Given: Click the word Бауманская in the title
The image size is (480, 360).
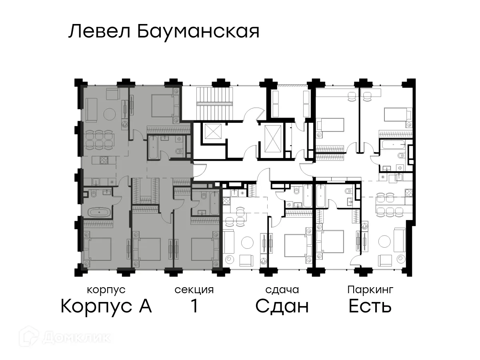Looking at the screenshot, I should pyautogui.click(x=198, y=32).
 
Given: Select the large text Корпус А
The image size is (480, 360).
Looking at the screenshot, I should pyautogui.click(x=106, y=306).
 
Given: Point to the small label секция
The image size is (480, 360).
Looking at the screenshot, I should pyautogui.click(x=194, y=290).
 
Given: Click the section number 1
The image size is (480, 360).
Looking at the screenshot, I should pyautogui.click(x=194, y=306).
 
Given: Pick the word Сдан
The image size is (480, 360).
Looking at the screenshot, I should pyautogui.click(x=282, y=306).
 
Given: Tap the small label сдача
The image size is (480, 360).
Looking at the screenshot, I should pyautogui.click(x=282, y=290).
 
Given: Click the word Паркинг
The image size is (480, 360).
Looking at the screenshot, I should pyautogui.click(x=370, y=290).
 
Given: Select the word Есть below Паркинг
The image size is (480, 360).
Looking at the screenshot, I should pyautogui.click(x=370, y=306).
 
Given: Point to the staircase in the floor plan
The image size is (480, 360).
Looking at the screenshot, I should pyautogui.click(x=215, y=103).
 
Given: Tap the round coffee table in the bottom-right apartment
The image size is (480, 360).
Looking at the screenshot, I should pyautogui.click(x=384, y=242).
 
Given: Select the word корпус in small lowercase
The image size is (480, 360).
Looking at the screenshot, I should pyautogui.click(x=106, y=290).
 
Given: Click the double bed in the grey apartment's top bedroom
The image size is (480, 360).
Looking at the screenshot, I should pyautogui.click(x=162, y=105).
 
